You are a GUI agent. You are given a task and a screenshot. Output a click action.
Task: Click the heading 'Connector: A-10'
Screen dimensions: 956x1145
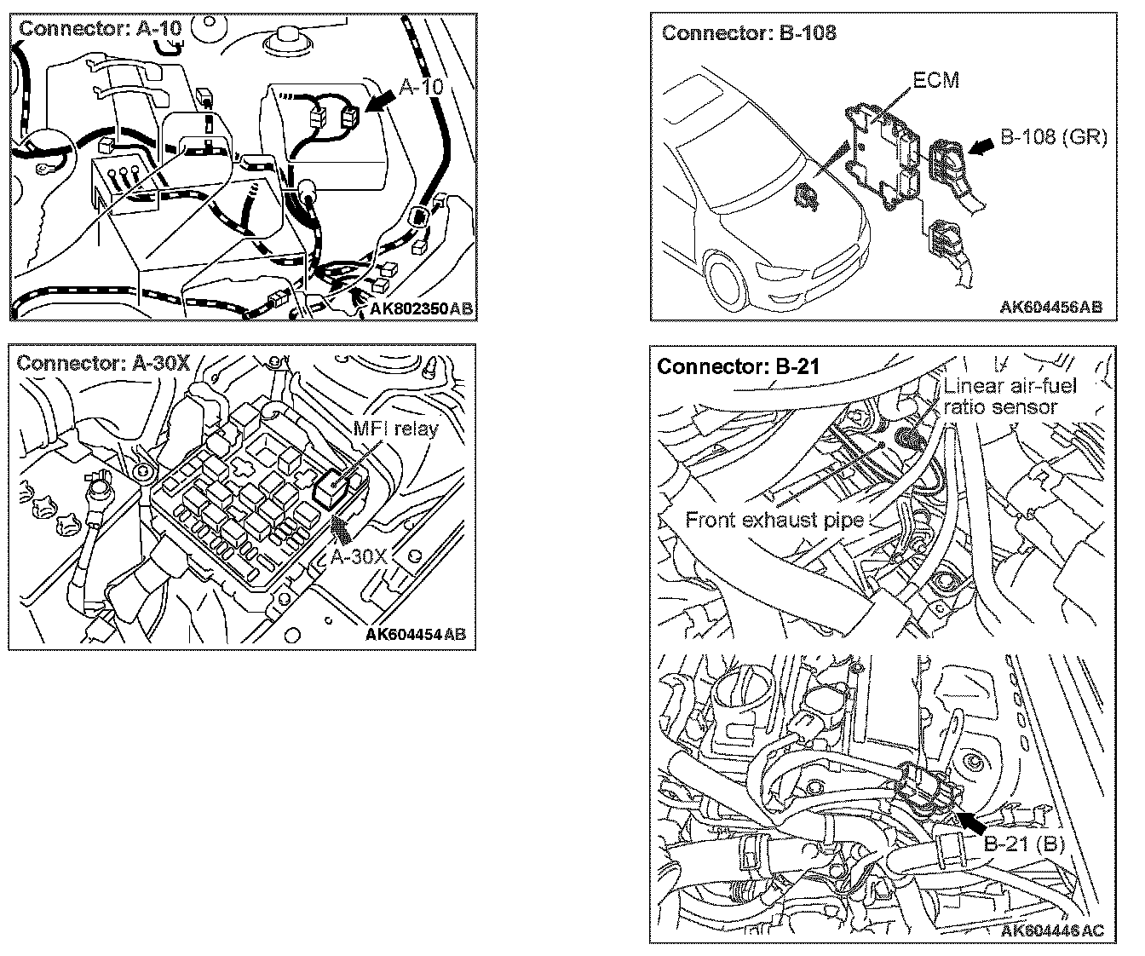[100, 28]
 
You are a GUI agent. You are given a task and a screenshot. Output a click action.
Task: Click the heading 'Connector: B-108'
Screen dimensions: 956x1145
[749, 33]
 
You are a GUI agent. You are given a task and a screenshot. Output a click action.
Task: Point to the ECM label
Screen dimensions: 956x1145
[935, 81]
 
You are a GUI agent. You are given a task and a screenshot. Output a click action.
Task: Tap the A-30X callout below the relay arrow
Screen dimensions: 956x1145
[360, 557]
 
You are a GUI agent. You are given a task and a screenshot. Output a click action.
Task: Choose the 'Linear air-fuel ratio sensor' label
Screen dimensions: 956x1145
[1010, 396]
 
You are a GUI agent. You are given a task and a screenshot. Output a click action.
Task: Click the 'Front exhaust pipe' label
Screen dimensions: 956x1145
[774, 520]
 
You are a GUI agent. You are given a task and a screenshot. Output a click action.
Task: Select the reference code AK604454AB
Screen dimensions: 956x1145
[416, 635]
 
